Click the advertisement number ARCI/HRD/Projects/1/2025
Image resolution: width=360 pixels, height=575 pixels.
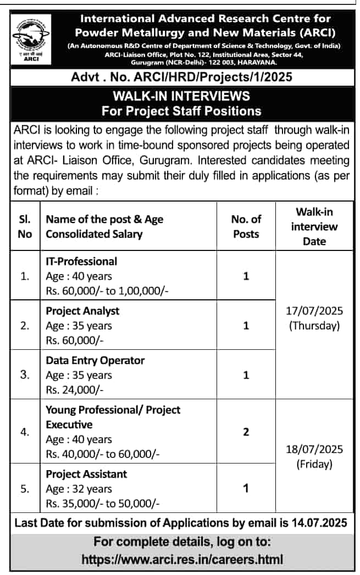[x=219, y=77]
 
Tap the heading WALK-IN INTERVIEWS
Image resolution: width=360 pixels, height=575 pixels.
[x=181, y=96]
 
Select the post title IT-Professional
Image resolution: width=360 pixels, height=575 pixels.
[x=81, y=261]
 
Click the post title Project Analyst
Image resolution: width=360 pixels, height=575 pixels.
[x=82, y=310]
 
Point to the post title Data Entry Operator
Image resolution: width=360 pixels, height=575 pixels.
[x=95, y=360]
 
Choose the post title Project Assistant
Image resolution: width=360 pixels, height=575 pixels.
[x=86, y=473]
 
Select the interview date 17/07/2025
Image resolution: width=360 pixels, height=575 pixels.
[x=314, y=311]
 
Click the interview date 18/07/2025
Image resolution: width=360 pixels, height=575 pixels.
[x=314, y=449]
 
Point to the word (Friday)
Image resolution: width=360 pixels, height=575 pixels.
[x=314, y=464]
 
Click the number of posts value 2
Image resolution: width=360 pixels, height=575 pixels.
[x=246, y=432]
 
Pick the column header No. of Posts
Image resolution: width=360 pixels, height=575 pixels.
[x=246, y=226]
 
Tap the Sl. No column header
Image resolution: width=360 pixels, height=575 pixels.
[x=25, y=226]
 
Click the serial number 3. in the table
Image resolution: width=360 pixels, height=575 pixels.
[x=25, y=375]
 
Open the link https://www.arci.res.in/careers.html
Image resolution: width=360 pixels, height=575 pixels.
[x=182, y=560]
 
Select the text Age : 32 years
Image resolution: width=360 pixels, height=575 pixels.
[x=79, y=488]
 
